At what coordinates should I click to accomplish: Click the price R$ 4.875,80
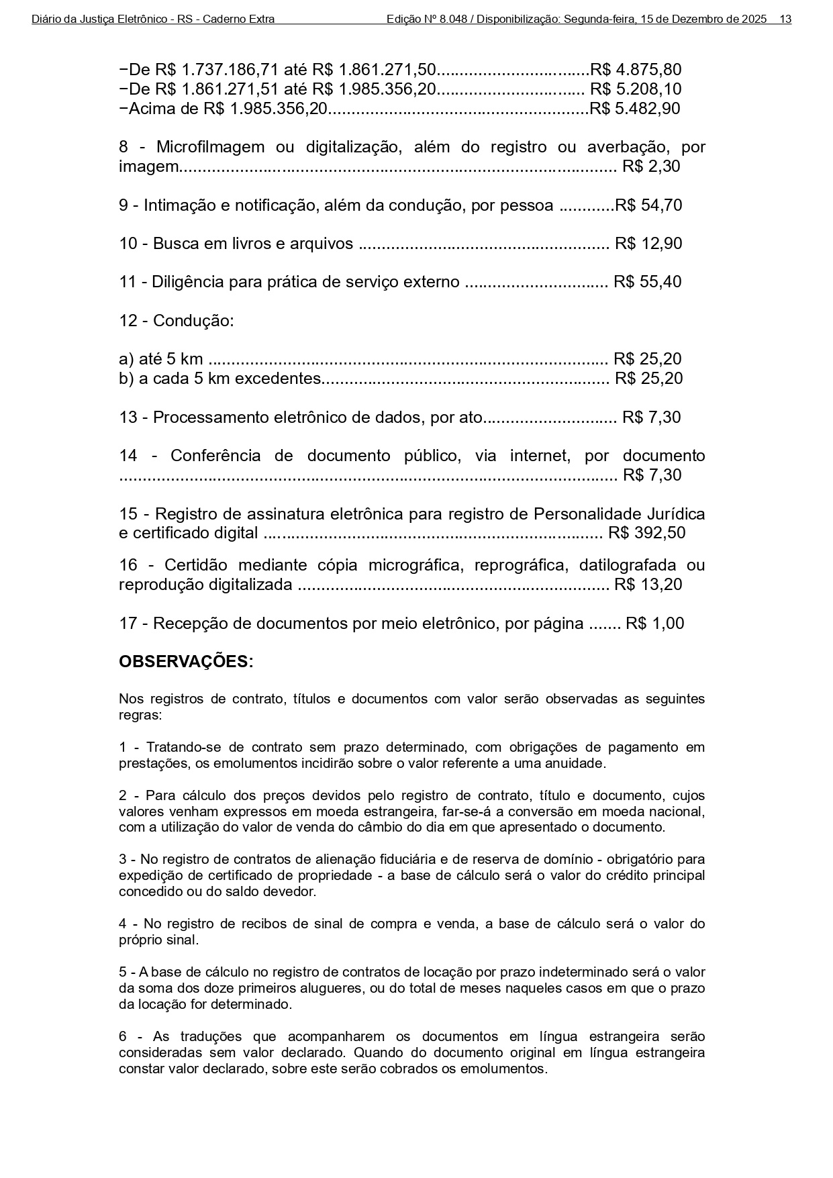click(x=635, y=70)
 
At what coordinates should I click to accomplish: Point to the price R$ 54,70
click(x=648, y=205)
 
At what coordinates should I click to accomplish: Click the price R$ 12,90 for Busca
click(x=648, y=244)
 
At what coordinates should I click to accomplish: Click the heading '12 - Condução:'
click(x=177, y=321)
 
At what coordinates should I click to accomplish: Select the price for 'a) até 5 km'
click(x=648, y=359)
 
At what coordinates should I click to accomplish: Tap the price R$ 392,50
click(x=646, y=534)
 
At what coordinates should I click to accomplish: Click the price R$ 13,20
click(x=648, y=585)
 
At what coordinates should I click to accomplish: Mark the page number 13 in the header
click(x=785, y=19)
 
